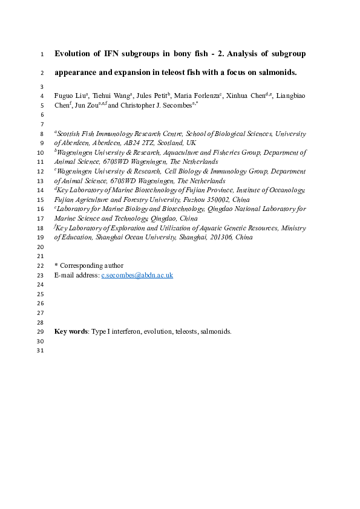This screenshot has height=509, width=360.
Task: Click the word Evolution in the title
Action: coord(75,54)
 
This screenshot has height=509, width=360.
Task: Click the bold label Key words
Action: coord(71,331)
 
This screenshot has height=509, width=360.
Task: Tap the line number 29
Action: coord(41,331)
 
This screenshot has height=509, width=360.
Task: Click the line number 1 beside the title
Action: coord(42,54)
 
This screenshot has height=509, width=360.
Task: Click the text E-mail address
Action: coord(77,275)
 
